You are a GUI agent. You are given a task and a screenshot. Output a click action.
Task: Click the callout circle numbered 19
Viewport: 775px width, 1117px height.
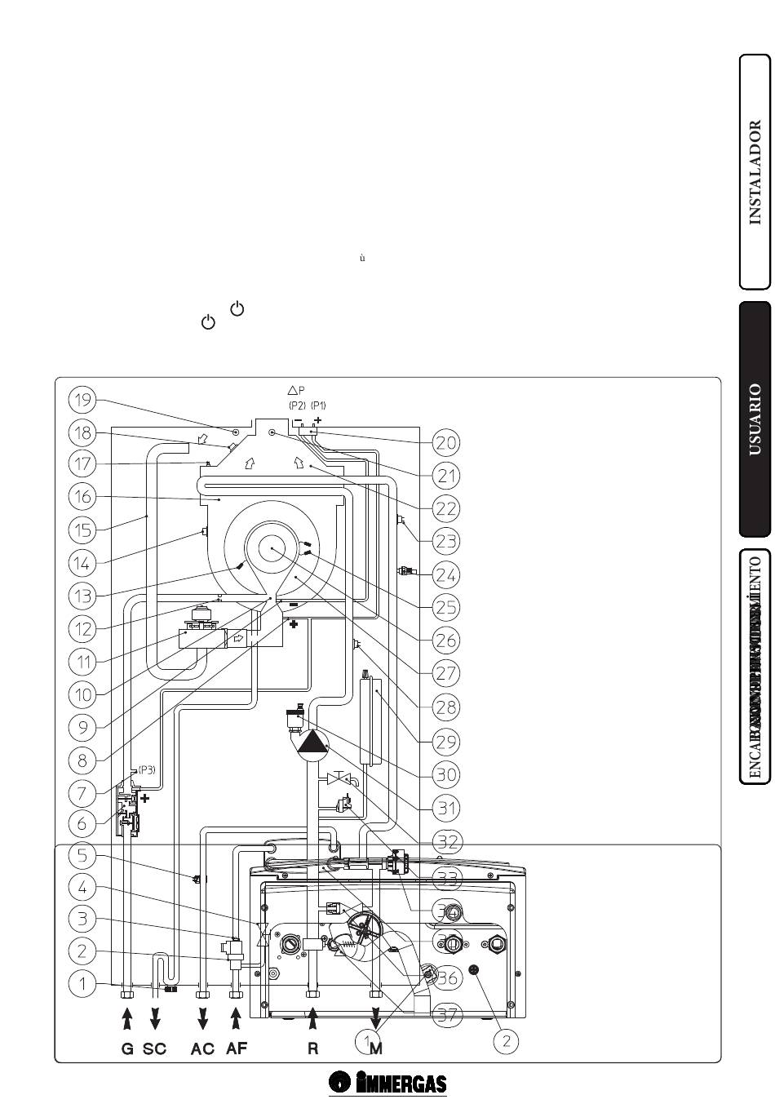tap(82, 400)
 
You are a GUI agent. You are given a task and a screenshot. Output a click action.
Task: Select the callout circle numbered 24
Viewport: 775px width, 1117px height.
tap(445, 574)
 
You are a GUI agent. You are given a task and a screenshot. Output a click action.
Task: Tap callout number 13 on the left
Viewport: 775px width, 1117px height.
tap(82, 596)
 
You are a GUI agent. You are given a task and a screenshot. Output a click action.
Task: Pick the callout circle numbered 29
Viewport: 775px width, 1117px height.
tap(445, 742)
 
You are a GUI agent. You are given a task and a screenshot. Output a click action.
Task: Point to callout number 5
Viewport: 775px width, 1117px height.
tap(82, 855)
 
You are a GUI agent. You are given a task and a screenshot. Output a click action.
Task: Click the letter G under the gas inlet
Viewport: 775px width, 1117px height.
tap(126, 1049)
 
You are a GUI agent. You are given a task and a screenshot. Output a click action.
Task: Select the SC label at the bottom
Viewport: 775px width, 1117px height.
tap(155, 1049)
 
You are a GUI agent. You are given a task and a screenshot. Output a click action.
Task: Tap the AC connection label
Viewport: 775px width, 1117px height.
tap(202, 1049)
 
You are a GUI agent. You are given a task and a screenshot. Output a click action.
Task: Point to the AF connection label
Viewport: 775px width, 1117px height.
tap(237, 1049)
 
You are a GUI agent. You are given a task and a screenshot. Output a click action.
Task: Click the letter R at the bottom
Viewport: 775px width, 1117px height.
tap(312, 1049)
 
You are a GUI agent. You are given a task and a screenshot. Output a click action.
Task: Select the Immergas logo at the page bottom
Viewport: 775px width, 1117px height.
tap(388, 1084)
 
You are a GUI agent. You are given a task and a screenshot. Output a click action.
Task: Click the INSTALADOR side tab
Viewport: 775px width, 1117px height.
tap(755, 172)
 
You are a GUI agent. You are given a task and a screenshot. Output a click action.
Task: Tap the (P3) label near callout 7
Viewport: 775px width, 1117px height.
tap(147, 769)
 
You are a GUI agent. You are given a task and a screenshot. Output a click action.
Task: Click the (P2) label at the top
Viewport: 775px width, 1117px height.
tap(296, 406)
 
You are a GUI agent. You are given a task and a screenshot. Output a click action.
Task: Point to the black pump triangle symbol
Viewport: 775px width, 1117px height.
tap(311, 742)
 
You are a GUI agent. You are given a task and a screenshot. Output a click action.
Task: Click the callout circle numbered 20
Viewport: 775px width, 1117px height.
tap(445, 442)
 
